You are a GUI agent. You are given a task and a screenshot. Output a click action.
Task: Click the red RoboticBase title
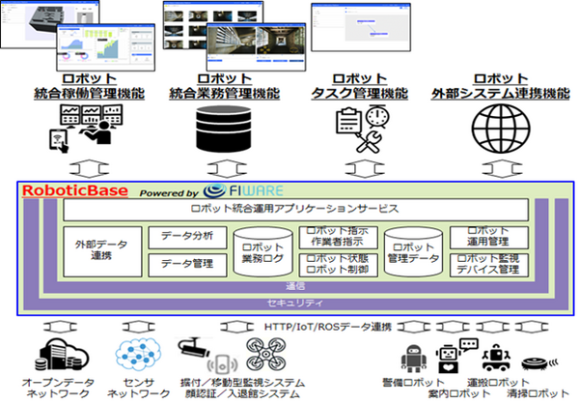point(75,189)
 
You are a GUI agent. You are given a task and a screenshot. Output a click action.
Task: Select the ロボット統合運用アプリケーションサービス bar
point(296,209)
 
